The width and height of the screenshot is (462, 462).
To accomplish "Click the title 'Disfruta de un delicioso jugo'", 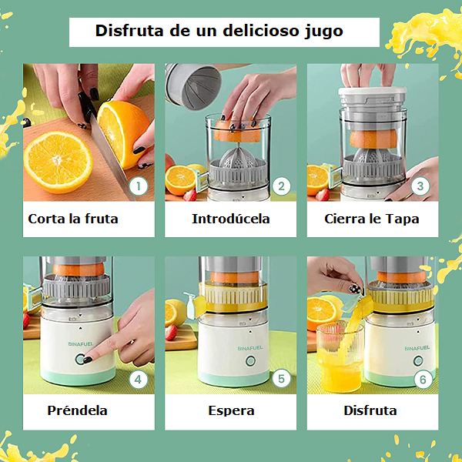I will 219,32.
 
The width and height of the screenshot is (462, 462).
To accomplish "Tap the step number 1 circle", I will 139,186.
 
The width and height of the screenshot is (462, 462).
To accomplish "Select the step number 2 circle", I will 281,186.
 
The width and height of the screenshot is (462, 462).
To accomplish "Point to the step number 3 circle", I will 421,186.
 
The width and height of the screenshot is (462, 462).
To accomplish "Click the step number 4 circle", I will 139,379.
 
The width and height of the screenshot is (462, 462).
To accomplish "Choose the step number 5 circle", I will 281,378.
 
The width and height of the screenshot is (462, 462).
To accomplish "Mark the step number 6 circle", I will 421,379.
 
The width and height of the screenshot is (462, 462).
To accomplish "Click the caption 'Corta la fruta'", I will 73,219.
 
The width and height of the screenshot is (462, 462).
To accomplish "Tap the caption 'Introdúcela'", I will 231,219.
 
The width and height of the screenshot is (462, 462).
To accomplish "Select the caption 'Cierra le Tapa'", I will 372,219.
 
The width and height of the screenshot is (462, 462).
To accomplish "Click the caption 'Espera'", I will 231,410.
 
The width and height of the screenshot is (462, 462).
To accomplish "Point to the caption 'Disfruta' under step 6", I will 370,410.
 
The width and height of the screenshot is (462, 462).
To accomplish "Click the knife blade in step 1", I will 108,154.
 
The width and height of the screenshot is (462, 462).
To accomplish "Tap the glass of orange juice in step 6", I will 340,358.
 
